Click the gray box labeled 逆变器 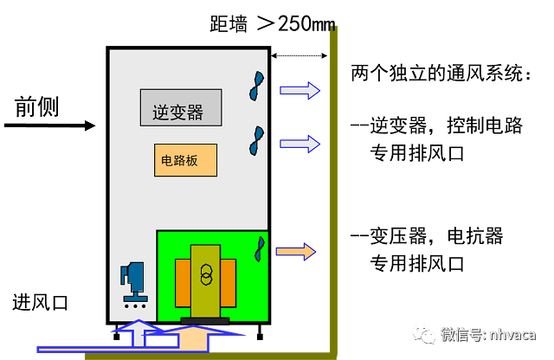[x=180, y=107]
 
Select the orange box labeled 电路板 [x=185, y=160]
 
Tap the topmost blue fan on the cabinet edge [x=256, y=86]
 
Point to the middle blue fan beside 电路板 [x=256, y=141]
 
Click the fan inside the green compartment [x=259, y=249]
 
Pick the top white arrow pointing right [x=300, y=90]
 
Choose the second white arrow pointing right [x=300, y=144]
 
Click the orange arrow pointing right [x=295, y=252]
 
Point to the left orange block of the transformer [x=183, y=283]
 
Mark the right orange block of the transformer [x=229, y=283]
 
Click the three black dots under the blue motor [x=134, y=306]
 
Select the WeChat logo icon [x=423, y=333]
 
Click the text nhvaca [x=512, y=334]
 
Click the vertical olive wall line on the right [x=333, y=190]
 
